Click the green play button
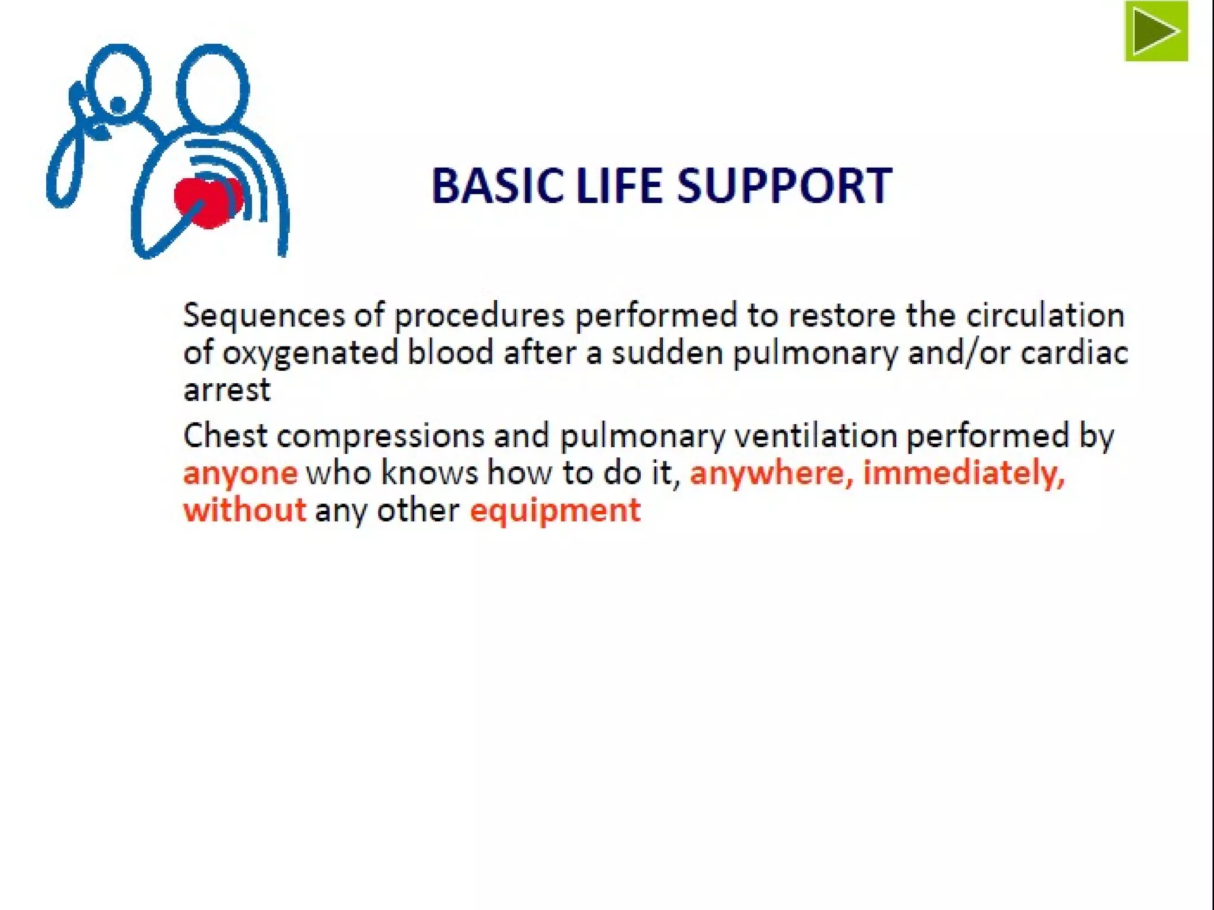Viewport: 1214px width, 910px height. (1156, 31)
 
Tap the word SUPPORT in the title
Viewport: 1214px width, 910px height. (784, 185)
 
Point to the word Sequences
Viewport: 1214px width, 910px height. (264, 315)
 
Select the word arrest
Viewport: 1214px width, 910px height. (227, 390)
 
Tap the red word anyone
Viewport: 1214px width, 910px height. (240, 473)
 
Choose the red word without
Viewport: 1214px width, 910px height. (244, 510)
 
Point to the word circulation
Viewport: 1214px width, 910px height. (1045, 315)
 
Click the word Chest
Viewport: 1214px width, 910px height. (225, 436)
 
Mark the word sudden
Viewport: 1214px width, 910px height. (667, 354)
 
